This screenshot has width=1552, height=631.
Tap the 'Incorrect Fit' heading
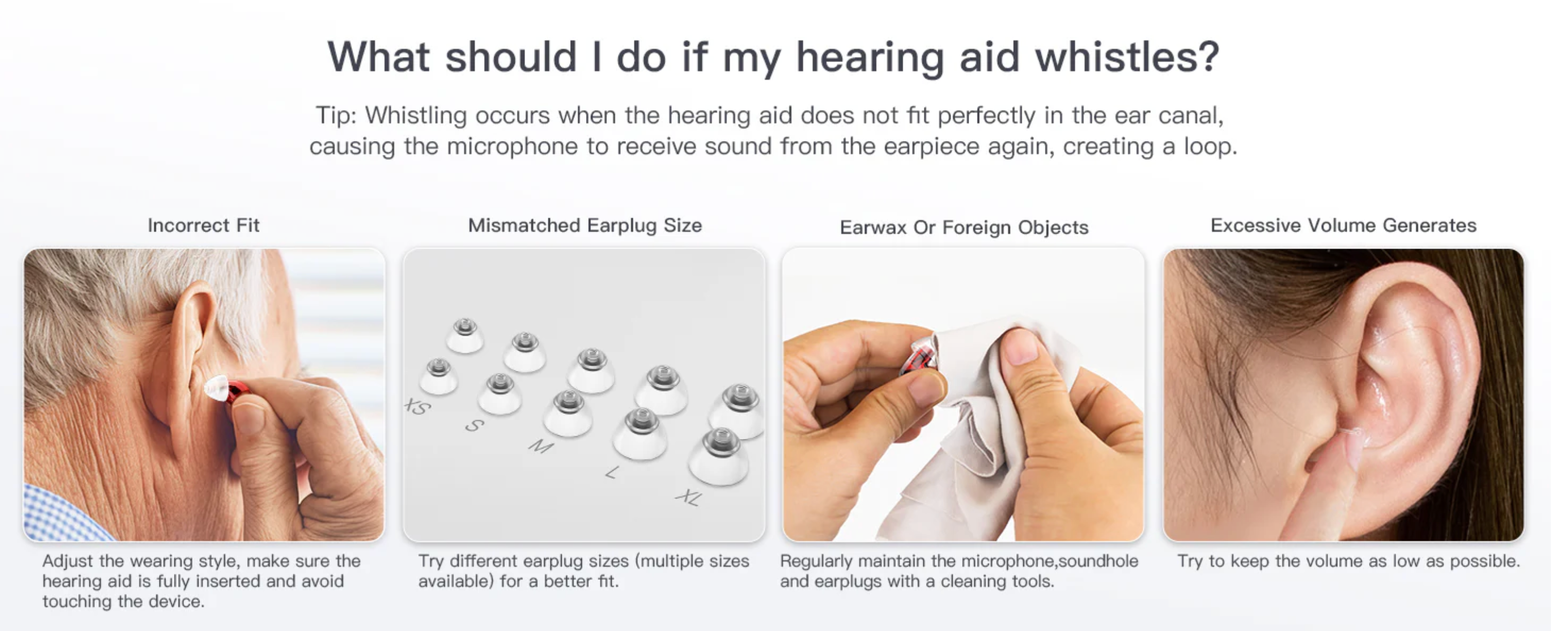coord(204,226)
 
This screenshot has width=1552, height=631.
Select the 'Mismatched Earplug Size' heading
coord(585,226)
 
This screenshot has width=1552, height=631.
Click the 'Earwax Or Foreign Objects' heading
coord(964,227)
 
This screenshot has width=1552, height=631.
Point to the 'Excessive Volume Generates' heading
coord(1344,226)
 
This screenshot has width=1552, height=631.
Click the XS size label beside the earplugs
coord(418,407)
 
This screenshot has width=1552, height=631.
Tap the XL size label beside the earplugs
coord(689,497)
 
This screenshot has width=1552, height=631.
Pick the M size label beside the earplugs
coord(540,446)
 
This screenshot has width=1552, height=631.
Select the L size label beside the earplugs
coord(612,472)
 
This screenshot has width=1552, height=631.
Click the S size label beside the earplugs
coord(474,426)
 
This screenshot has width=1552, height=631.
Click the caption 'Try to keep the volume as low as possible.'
coord(1349,561)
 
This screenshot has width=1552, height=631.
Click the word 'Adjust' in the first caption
coord(68,562)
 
